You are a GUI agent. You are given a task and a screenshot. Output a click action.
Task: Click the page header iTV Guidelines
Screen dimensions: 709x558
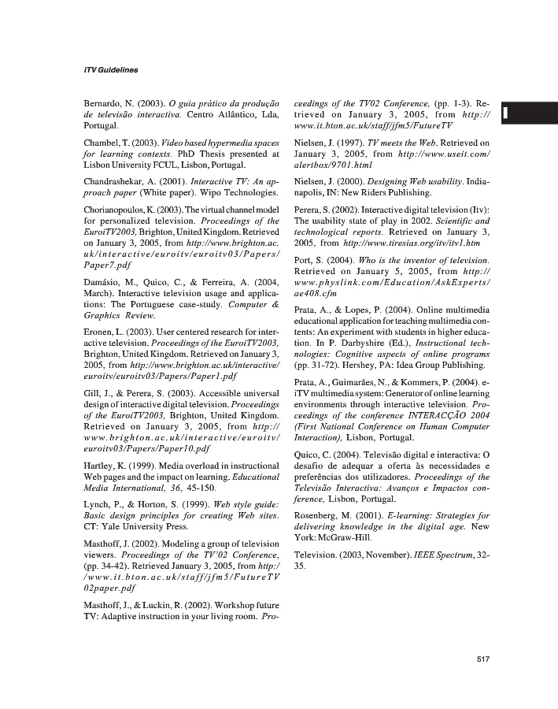110,70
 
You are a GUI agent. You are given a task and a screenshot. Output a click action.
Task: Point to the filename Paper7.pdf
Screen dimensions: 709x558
108,265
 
